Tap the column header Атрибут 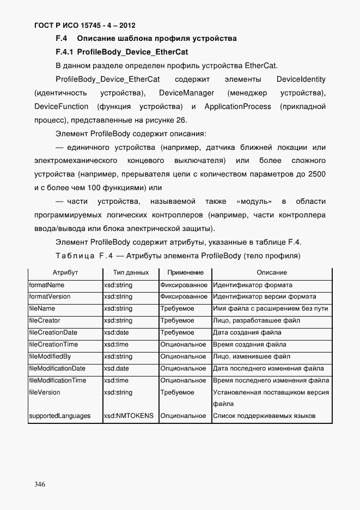point(65,272)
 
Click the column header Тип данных point(131,272)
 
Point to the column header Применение point(185,272)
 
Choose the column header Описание point(272,272)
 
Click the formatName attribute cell point(47,285)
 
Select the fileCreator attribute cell point(45,321)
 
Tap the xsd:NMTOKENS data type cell point(129,416)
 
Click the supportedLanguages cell point(59,416)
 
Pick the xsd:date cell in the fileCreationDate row point(117,333)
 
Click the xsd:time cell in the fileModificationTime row point(117,380)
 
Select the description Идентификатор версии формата point(264,297)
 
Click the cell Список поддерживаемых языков point(264,416)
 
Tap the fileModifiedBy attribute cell point(50,357)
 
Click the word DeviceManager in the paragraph point(186,93)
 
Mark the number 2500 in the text point(316,174)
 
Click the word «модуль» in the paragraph point(255,201)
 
